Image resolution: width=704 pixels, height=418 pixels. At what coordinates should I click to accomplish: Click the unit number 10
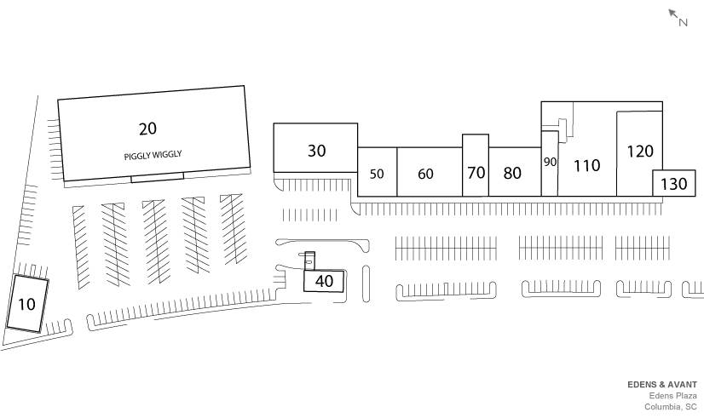point(26,304)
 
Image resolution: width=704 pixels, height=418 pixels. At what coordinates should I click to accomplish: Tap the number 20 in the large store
point(147,129)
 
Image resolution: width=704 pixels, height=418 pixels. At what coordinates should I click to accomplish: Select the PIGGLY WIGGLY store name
point(153,155)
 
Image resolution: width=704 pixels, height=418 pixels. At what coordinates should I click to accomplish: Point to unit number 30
point(316,151)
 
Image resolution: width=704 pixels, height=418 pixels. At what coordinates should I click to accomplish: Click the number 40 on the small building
point(324,281)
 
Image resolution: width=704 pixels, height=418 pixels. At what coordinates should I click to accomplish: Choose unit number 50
point(377,174)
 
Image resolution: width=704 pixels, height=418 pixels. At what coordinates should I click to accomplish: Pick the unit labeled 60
point(425,174)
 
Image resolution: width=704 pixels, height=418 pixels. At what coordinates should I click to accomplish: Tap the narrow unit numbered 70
point(476,172)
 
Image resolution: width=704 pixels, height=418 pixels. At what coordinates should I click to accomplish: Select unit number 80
point(512,173)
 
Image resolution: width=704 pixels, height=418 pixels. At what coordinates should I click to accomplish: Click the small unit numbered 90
point(549,162)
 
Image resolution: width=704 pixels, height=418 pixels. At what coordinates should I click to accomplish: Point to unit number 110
point(586,165)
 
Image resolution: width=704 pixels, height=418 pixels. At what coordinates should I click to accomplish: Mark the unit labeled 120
point(639,152)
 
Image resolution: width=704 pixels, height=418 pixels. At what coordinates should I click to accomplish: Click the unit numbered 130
point(673,183)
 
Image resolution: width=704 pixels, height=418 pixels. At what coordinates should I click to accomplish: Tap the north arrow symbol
point(673,14)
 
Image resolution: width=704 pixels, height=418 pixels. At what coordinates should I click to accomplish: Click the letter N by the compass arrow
point(684,23)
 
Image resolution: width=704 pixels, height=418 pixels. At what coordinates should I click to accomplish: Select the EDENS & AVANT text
point(662,384)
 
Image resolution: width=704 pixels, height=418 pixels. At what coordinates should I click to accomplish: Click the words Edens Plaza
point(673,395)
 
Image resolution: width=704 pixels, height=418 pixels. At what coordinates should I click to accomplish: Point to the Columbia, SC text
point(671,406)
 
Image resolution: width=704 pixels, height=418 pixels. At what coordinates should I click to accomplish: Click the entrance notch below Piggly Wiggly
point(157,178)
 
